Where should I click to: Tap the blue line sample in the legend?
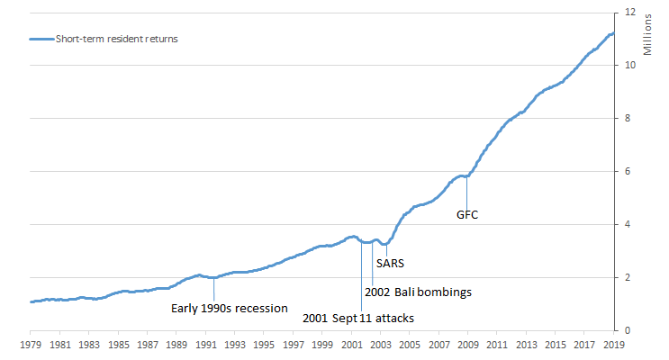coord(41,40)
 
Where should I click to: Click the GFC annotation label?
coord(466,215)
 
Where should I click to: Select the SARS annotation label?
coord(391,265)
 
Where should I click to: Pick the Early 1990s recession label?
coord(230,308)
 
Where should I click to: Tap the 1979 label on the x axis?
coord(31,344)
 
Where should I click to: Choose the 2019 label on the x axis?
coord(614,344)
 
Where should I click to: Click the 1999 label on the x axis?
coord(322,344)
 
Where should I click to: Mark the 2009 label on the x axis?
coord(468,344)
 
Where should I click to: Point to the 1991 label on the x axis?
coord(205,344)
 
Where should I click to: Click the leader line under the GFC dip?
coord(466,193)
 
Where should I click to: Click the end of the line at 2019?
coord(613,33)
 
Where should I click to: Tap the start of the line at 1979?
coord(31,301)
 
